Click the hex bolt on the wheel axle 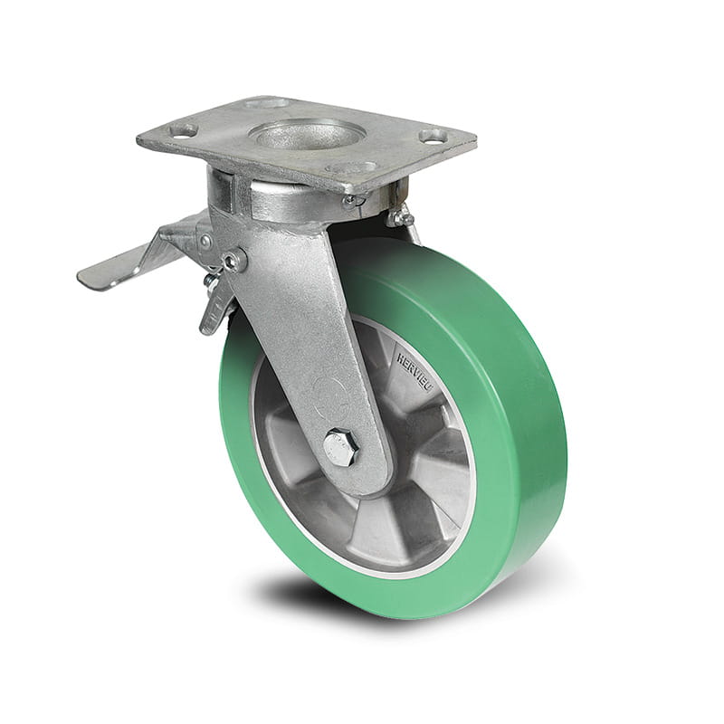pos(341,447)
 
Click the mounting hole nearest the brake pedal pos(184,130)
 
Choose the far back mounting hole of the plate pos(267,103)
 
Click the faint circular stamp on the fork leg pos(327,391)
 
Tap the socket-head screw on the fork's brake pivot pos(233,262)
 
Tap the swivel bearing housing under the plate pos(262,194)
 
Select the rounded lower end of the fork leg pos(357,471)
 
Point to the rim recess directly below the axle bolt pos(362,534)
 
